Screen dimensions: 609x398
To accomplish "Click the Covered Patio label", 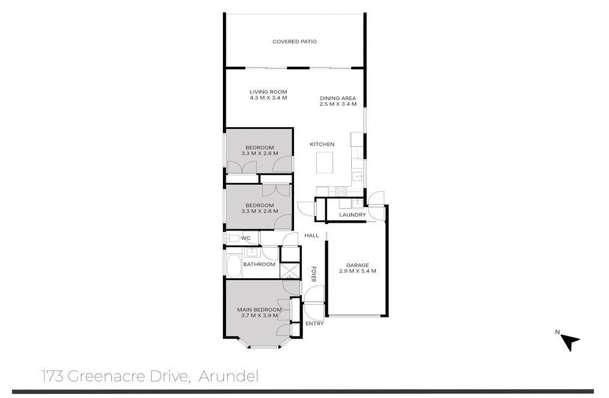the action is coord(295,42).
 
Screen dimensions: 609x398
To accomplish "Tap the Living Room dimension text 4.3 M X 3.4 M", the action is coord(269,98).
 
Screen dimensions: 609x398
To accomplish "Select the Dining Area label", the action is coord(338,98).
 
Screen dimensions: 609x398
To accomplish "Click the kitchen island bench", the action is coord(325,163).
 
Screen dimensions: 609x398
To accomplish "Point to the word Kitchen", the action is coord(322,144).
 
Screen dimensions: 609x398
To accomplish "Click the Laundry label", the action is coord(352,215).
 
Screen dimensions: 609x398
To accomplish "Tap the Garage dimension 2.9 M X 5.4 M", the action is coord(357,271).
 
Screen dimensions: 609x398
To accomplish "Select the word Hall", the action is coord(311,235).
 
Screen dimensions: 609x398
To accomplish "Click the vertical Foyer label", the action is coord(313,274).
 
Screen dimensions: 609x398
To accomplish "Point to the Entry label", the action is coord(314,323).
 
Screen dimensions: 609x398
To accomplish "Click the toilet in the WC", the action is coord(232,238).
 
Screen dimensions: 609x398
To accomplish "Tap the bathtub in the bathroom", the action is coord(234,266).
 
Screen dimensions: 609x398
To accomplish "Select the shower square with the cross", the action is coord(290,271).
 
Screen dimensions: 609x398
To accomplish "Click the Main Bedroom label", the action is coord(260,310).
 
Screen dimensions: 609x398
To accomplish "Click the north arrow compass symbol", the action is coord(570,341).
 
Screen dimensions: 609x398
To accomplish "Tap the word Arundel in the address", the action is coord(228,376).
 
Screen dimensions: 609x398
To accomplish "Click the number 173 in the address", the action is coord(52,376).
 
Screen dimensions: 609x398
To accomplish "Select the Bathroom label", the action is coord(259,264).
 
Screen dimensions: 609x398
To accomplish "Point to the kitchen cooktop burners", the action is coord(340,191).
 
